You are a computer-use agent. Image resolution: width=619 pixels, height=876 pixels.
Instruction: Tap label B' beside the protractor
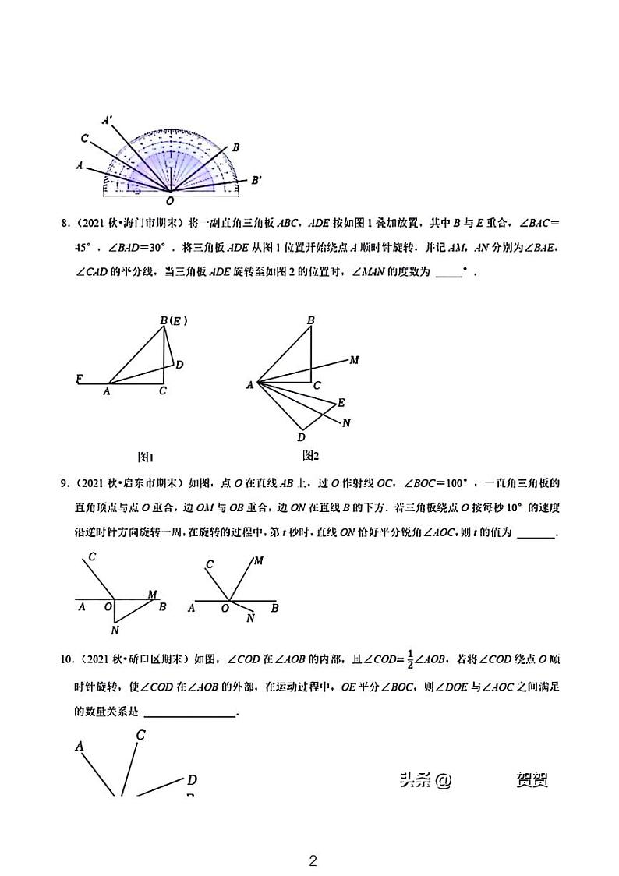tap(256, 179)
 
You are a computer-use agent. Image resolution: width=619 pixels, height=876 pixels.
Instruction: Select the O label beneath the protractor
tap(170, 200)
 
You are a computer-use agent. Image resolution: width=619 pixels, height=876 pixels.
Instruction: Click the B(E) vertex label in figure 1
tap(174, 320)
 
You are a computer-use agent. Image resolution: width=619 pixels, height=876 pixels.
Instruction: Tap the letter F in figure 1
tap(79, 380)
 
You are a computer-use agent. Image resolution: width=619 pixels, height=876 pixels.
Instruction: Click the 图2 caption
tap(311, 455)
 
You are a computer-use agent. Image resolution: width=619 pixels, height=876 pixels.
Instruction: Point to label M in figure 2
tap(354, 360)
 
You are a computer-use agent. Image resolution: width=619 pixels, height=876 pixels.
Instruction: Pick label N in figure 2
tap(346, 423)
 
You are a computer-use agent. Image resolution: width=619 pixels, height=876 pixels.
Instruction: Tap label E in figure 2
tap(341, 403)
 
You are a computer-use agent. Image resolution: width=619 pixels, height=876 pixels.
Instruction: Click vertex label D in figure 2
tap(301, 437)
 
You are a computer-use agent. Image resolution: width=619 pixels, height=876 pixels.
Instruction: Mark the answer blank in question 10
tap(189, 712)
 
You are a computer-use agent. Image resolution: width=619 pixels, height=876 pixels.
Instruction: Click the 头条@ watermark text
tap(425, 780)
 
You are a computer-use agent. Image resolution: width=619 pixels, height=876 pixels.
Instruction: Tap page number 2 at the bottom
tap(313, 861)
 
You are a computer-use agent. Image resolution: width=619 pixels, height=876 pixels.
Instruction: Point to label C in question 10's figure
tap(141, 734)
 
